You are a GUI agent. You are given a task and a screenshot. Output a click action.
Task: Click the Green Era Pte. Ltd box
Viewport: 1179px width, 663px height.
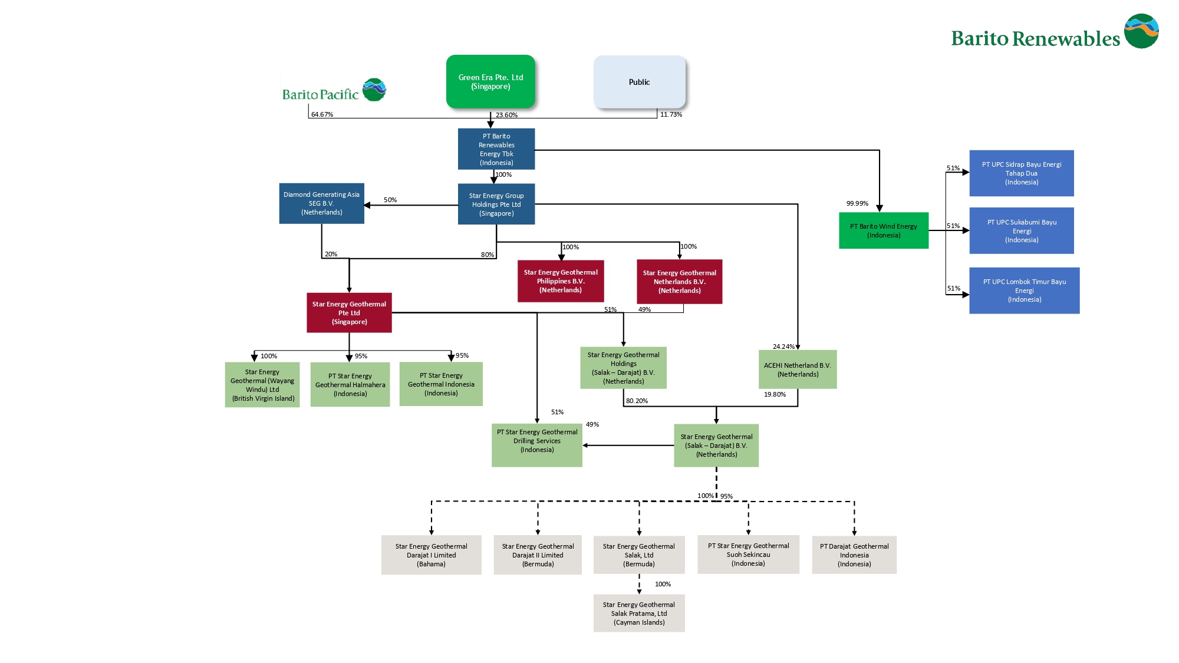tap(490, 82)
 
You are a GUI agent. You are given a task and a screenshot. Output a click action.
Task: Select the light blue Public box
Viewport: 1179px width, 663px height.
tap(639, 82)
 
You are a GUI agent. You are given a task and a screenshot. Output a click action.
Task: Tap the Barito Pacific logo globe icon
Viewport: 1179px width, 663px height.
tap(374, 90)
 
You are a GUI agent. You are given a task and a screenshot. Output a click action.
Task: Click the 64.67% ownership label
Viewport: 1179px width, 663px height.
tap(322, 114)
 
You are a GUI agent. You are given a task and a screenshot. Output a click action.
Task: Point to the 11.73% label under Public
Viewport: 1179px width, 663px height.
tap(671, 114)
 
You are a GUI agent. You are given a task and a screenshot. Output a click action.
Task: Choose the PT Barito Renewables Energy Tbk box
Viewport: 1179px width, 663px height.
tap(496, 149)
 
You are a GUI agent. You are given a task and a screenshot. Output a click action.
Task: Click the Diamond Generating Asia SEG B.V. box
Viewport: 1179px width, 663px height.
tap(321, 203)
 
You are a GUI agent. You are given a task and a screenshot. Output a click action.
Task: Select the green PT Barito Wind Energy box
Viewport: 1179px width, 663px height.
tap(883, 230)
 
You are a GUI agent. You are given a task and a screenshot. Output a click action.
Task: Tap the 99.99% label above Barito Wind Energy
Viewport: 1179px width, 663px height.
tap(857, 203)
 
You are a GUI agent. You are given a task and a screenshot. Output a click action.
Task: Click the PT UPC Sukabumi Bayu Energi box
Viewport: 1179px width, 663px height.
tap(1021, 230)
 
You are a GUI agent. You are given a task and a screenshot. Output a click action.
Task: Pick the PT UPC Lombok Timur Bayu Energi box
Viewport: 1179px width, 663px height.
tap(1024, 291)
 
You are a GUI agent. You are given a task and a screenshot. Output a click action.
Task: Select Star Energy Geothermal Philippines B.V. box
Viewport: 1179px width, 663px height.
tap(561, 281)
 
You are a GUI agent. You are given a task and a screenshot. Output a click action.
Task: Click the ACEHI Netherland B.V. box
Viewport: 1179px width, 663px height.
tap(797, 370)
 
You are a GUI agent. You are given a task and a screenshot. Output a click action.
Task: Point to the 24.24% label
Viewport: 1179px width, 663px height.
tap(783, 347)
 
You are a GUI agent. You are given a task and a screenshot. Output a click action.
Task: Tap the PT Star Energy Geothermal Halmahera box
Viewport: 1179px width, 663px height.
tap(350, 384)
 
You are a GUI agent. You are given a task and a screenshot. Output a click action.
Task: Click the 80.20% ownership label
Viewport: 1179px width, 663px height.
tap(637, 401)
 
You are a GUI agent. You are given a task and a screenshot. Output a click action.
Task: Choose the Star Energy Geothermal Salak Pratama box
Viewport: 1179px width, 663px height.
tap(639, 613)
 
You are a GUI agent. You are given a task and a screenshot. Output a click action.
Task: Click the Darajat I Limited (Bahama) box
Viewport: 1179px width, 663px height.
tap(431, 555)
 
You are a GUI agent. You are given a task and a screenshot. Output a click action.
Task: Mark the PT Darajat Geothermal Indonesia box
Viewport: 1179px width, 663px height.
tap(854, 555)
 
